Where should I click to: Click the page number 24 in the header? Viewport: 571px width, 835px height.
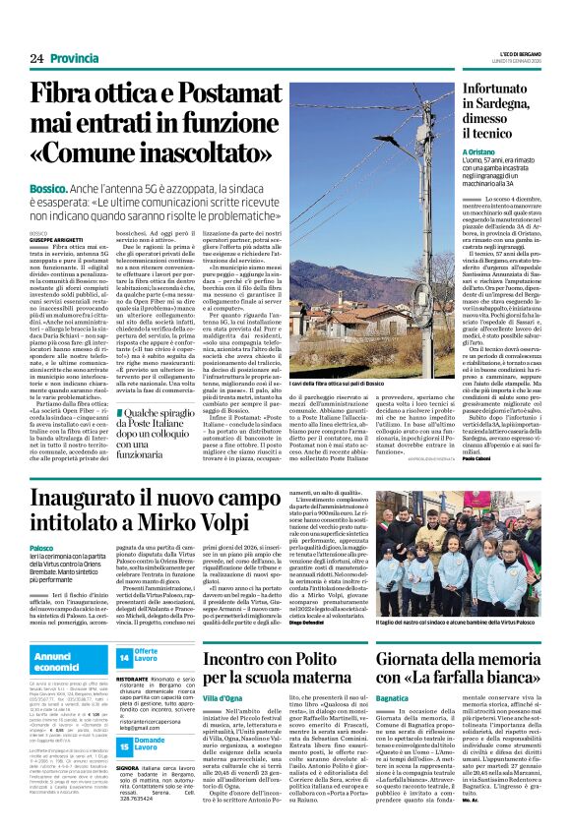tap(36, 59)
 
